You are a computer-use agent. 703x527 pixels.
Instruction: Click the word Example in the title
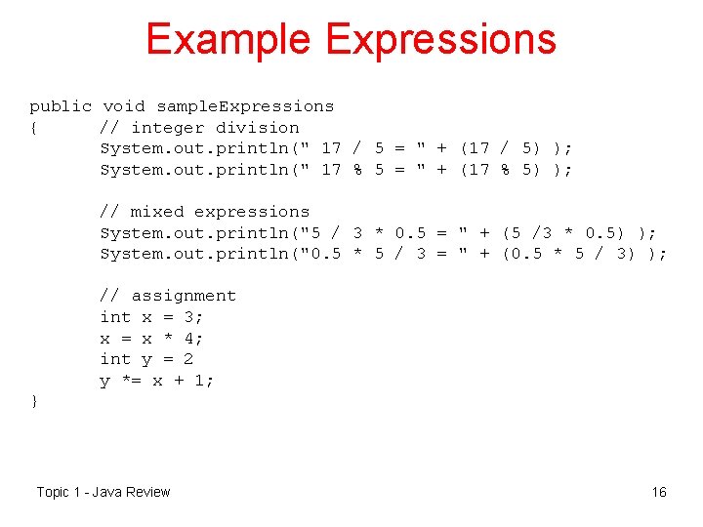tap(227, 39)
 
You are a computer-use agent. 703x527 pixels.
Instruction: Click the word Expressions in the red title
tap(440, 39)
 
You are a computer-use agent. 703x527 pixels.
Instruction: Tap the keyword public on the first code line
tap(61, 106)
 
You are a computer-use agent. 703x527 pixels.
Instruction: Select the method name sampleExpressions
tap(245, 106)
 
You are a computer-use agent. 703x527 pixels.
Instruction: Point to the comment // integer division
tap(200, 128)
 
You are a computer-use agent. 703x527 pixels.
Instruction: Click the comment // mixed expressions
tap(205, 212)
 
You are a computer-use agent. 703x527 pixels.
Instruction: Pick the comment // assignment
tap(168, 296)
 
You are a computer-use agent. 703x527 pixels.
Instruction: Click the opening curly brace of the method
tap(34, 128)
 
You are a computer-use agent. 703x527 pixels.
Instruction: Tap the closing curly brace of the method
tap(34, 401)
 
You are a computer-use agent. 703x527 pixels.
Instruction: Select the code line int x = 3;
tap(152, 317)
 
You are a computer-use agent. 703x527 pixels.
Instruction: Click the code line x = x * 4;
tap(152, 339)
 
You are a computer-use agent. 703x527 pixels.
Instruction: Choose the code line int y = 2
tap(146, 359)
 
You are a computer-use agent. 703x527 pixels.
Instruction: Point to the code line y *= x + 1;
tap(157, 381)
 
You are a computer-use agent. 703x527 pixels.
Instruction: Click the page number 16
tap(659, 492)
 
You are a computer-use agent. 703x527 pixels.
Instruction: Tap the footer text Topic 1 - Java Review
tap(103, 492)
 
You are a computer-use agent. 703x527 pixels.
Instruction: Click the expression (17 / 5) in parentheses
tap(500, 148)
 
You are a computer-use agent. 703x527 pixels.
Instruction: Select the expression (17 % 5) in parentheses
tap(500, 170)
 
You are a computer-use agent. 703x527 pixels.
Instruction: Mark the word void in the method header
tap(124, 106)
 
